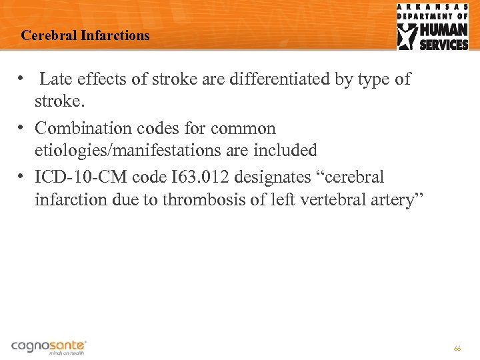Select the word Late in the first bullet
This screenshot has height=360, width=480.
[55, 79]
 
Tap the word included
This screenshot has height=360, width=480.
[284, 151]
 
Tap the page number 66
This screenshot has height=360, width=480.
[457, 348]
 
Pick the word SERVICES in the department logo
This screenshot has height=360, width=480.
[443, 45]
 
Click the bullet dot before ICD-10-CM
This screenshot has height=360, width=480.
[21, 176]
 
